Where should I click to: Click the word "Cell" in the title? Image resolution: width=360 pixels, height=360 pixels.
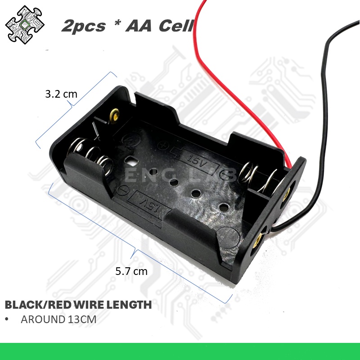pos(176,26)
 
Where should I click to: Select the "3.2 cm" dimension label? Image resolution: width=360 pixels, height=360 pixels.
pos(61,94)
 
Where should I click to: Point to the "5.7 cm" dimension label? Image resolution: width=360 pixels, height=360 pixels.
pos(131,271)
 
